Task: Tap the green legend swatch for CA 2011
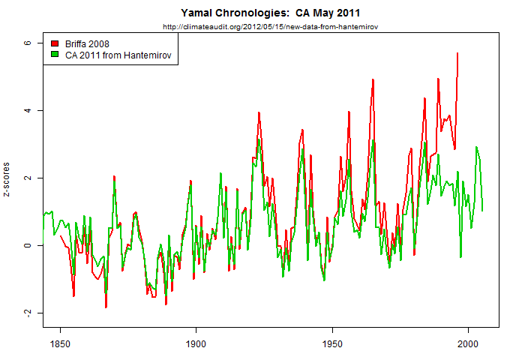54,55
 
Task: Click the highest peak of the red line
457,53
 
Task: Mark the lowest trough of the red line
106,307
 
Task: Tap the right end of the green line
482,211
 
